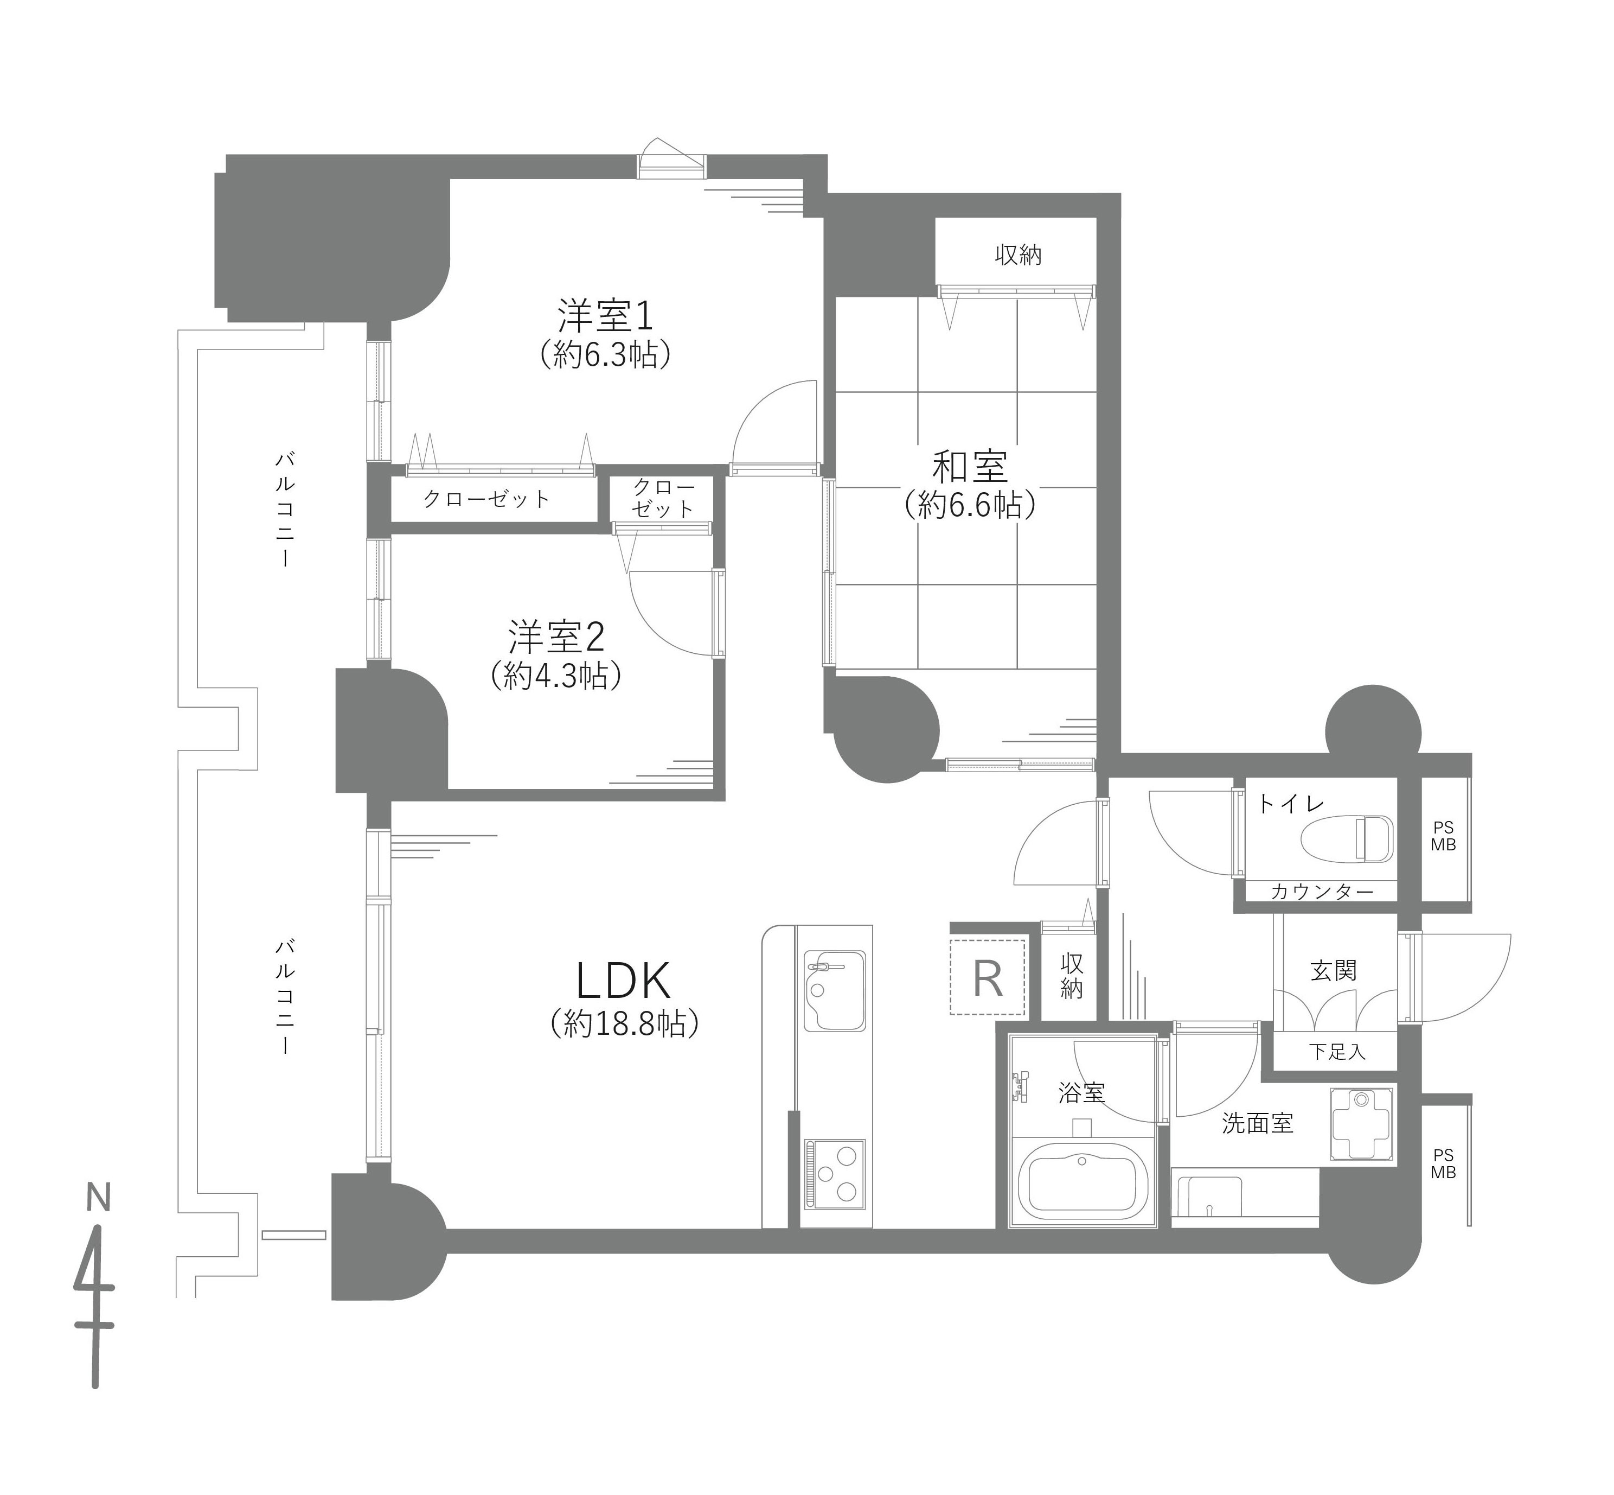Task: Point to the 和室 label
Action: [x=970, y=467]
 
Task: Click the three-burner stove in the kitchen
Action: [x=834, y=1175]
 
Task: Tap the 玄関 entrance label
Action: [x=1334, y=970]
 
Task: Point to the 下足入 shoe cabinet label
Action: [x=1337, y=1052]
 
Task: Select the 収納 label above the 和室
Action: [x=1017, y=256]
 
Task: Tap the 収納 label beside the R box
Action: [x=1072, y=976]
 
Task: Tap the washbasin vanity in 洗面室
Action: [x=1208, y=1197]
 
